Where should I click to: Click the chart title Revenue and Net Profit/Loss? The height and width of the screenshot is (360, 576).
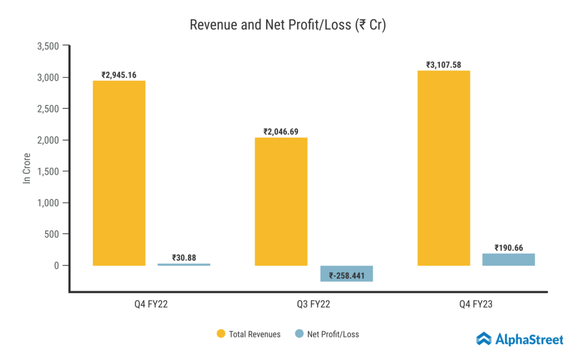(287, 25)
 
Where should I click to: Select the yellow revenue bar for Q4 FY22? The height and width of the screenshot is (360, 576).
(119, 173)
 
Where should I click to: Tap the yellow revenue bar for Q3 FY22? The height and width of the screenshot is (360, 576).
(281, 201)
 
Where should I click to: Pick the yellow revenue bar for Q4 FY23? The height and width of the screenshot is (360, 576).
(443, 168)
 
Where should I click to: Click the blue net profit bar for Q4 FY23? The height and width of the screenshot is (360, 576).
(508, 259)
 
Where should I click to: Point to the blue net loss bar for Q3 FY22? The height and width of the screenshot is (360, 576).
(346, 273)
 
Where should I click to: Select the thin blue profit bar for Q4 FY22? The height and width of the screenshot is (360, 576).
(184, 264)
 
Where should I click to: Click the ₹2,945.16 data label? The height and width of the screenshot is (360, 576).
(119, 75)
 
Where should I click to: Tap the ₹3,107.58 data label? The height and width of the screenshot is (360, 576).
(443, 65)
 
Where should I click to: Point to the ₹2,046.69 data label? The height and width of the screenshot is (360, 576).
(281, 132)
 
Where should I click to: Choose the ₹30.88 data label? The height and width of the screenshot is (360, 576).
(184, 258)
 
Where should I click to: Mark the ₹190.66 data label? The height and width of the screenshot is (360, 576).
(508, 247)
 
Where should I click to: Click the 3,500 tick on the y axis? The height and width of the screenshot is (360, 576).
(47, 46)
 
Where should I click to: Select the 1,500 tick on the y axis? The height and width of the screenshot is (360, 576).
(47, 172)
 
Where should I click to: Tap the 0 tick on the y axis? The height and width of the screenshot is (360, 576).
(56, 265)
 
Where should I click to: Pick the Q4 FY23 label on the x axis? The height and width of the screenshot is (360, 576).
(476, 305)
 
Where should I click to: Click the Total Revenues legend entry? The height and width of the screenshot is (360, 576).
(249, 334)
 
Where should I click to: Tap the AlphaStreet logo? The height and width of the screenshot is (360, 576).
(519, 339)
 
